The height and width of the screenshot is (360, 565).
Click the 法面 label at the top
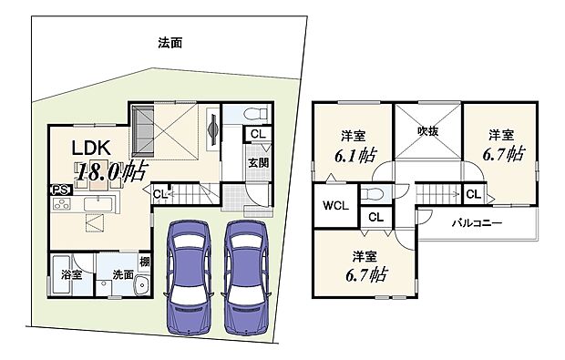[169, 43]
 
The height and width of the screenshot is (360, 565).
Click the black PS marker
[58, 190]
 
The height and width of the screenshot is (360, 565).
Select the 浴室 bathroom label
[71, 273]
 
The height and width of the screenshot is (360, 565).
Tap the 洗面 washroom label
[124, 273]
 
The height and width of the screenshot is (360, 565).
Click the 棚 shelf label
[146, 263]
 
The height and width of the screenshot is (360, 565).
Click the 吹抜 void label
[427, 129]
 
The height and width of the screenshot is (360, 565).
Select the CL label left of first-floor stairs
[159, 193]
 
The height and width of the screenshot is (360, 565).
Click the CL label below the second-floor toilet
[374, 218]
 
